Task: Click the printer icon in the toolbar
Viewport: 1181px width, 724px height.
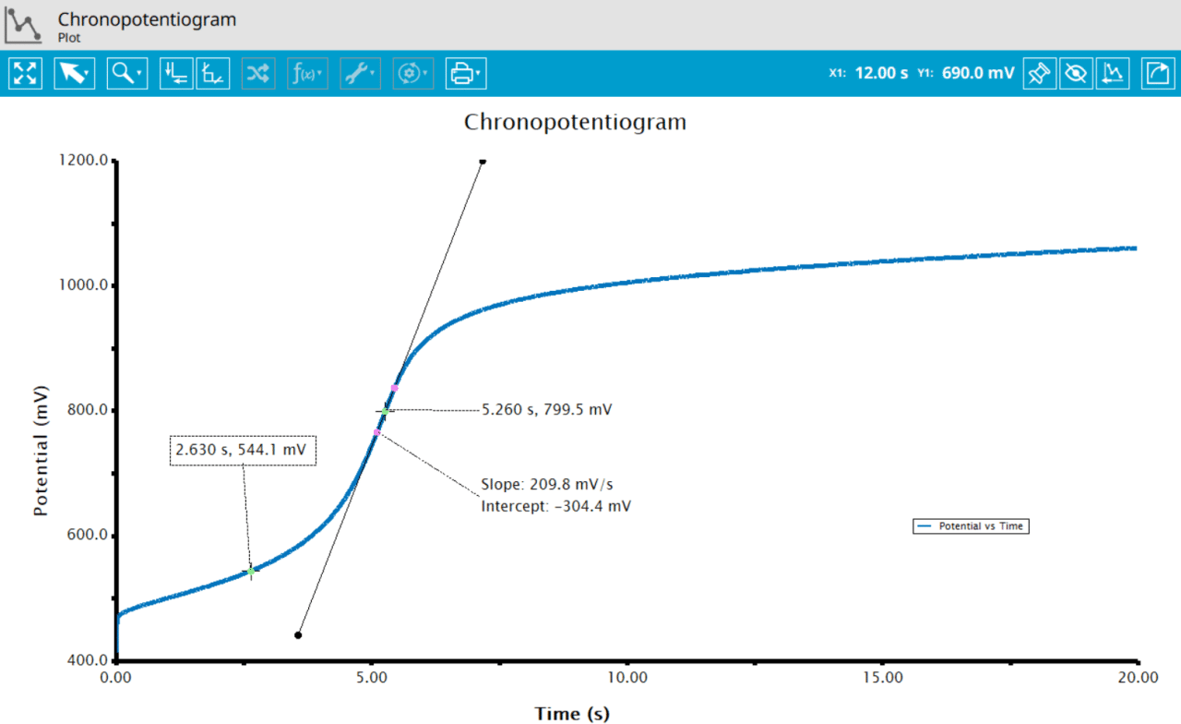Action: [x=466, y=73]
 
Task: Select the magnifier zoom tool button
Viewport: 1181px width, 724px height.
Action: [x=126, y=73]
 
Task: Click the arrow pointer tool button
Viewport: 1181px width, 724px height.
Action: [x=74, y=73]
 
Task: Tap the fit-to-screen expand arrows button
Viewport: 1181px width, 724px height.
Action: [x=25, y=73]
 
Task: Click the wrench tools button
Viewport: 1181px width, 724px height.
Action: [x=359, y=73]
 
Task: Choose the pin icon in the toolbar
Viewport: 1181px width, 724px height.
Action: [x=1040, y=73]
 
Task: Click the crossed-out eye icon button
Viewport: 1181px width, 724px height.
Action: [x=1075, y=73]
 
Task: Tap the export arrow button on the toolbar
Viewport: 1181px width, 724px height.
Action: [x=1157, y=73]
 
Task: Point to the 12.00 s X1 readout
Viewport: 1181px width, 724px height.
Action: [x=881, y=73]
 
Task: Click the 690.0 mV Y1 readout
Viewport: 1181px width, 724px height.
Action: [x=978, y=73]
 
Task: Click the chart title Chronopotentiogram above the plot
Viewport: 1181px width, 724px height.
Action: [x=575, y=122]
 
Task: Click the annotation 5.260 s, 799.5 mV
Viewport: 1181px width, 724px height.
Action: [x=547, y=409]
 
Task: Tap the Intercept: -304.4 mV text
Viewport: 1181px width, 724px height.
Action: [x=556, y=506]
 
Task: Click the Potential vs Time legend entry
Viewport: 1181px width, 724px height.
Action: [x=971, y=526]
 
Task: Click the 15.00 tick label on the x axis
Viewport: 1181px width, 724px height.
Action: [x=882, y=678]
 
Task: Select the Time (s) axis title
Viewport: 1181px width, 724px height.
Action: [x=572, y=713]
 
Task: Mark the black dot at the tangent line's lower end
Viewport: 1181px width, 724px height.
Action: [x=298, y=635]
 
